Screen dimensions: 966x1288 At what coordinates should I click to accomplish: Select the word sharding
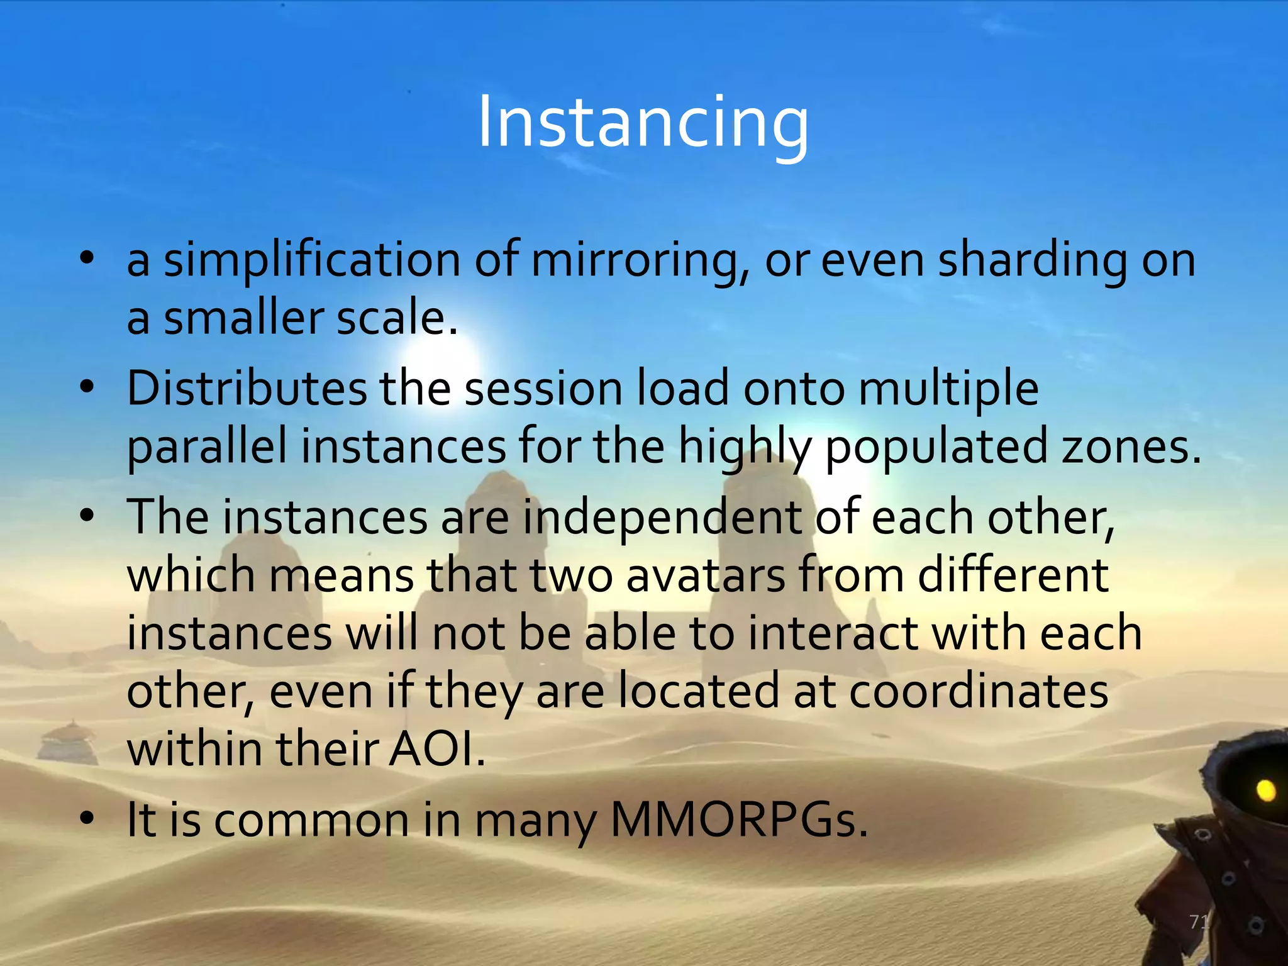pos(1031,261)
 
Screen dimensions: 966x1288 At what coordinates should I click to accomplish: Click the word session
pos(543,388)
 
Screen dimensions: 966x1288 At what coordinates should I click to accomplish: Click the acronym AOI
pos(436,750)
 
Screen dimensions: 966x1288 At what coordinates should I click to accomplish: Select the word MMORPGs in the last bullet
pos(740,820)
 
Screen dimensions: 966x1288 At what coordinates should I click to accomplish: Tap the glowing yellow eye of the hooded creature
pos(1265,789)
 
